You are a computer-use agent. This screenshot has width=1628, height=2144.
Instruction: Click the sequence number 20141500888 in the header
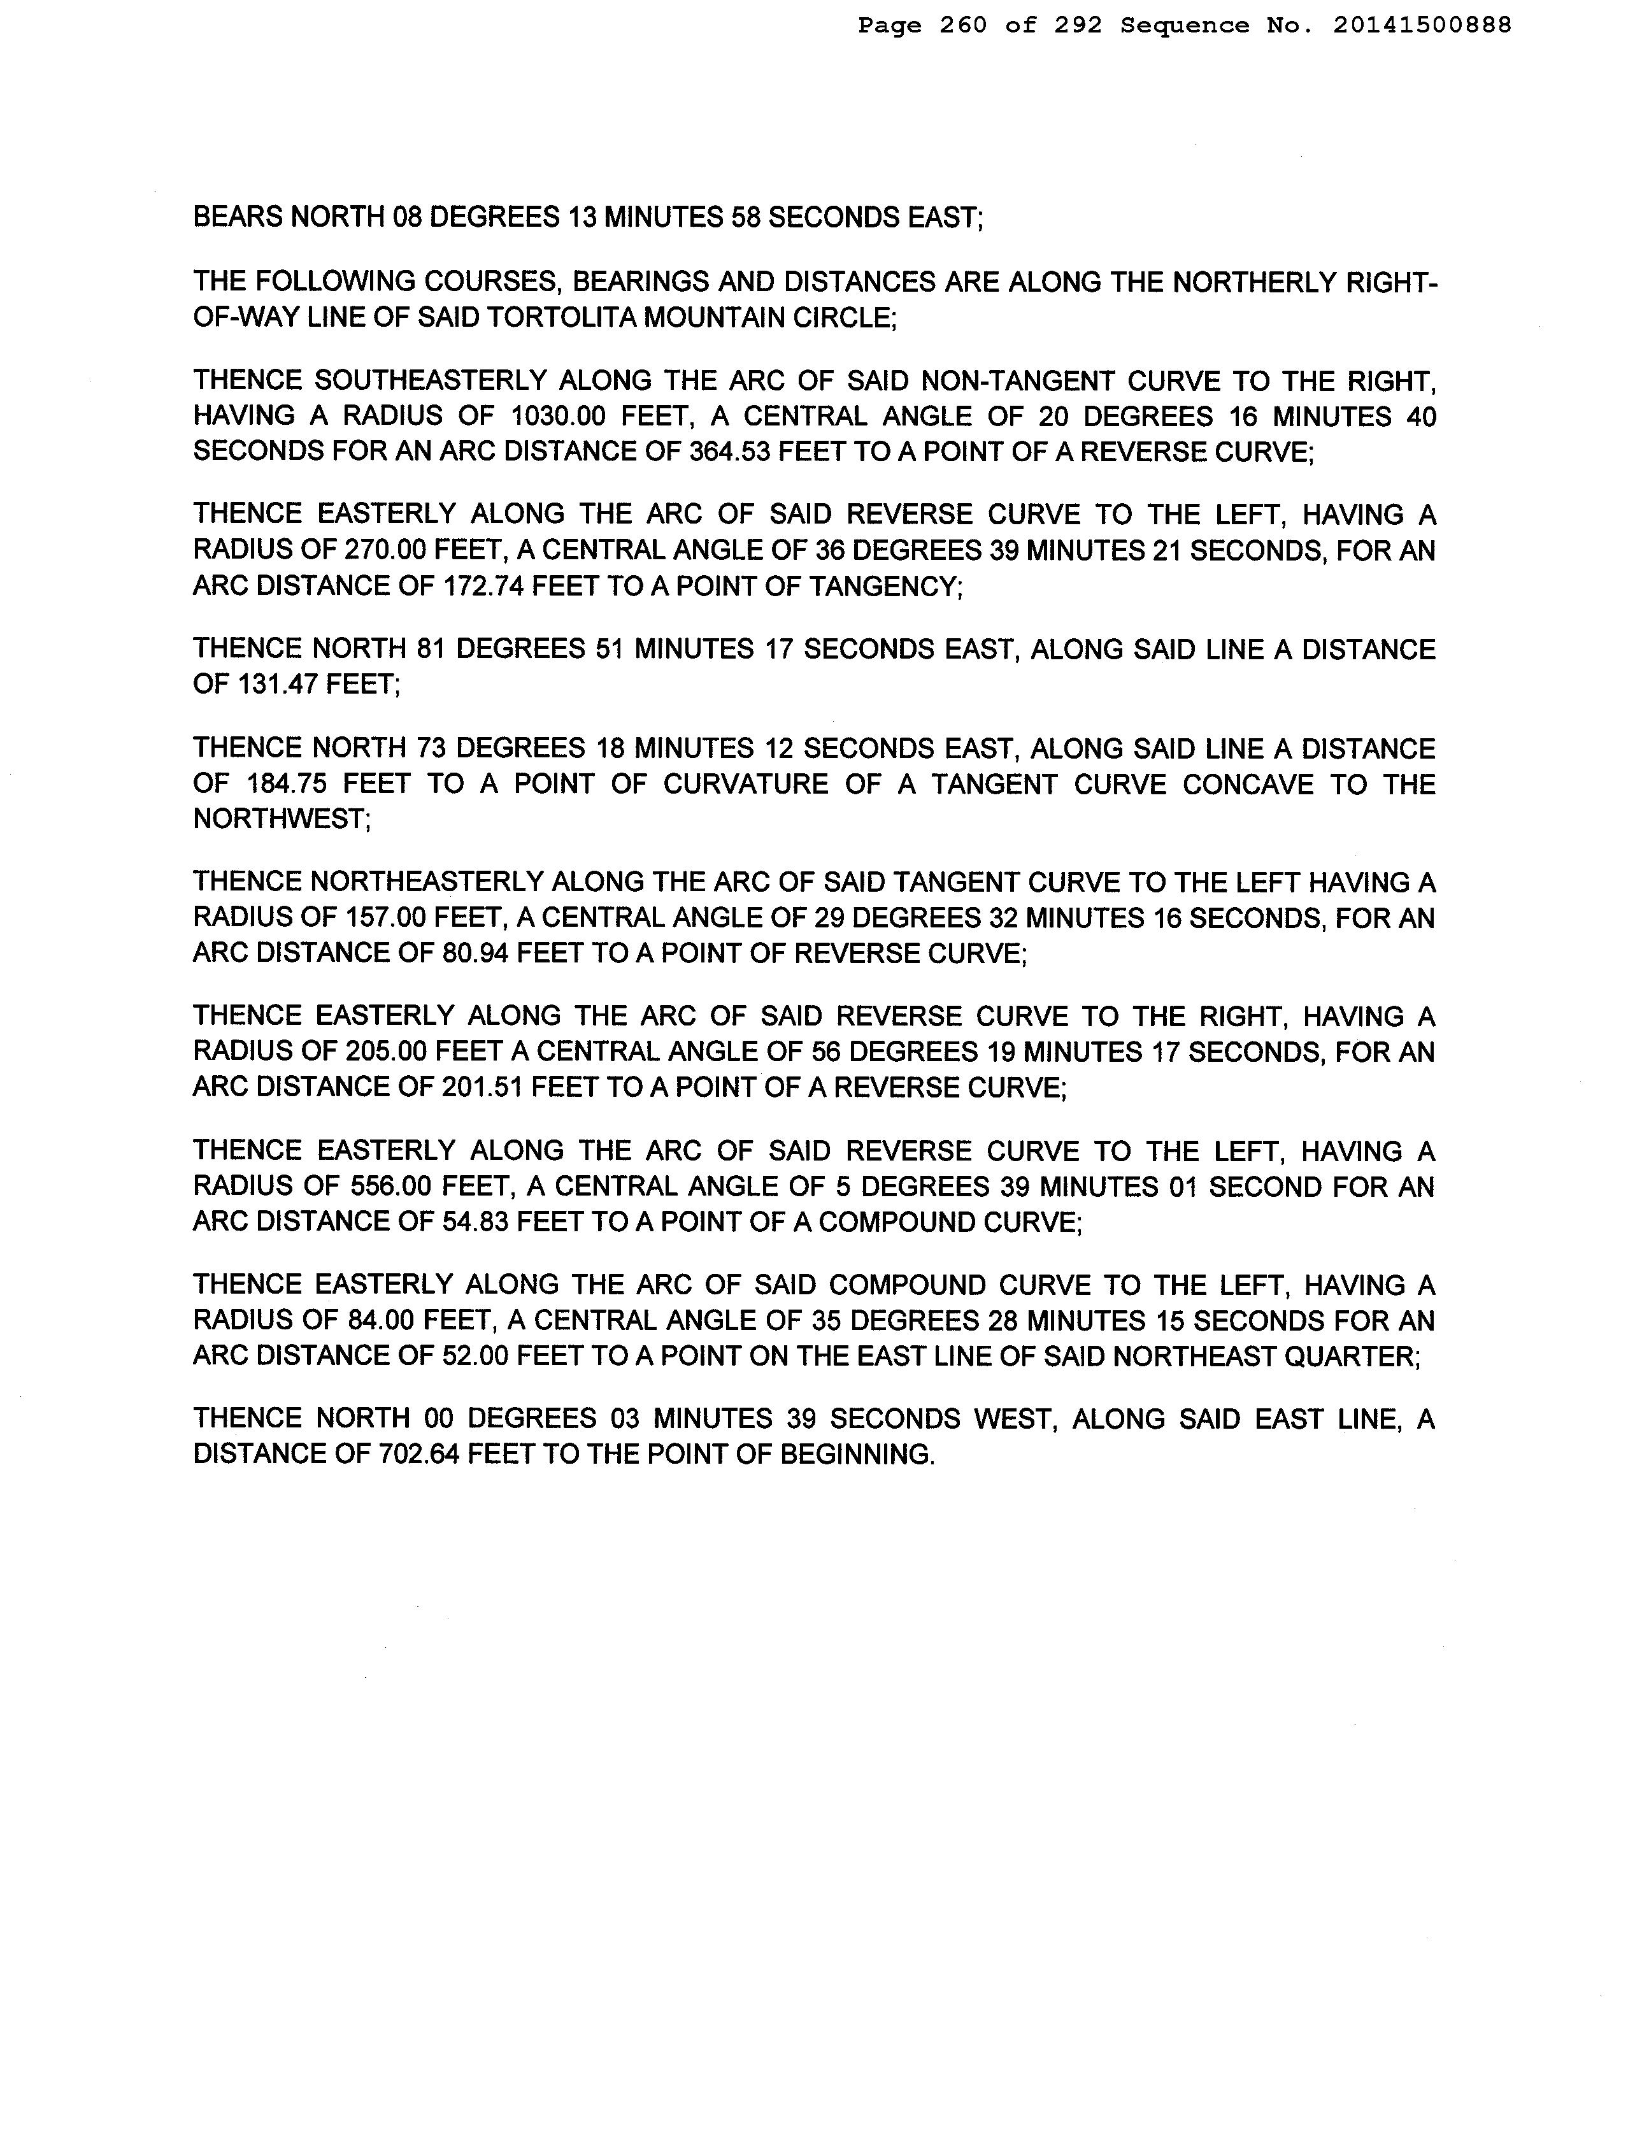coord(1422,26)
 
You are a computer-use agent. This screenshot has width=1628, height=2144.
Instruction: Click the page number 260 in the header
coord(963,26)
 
